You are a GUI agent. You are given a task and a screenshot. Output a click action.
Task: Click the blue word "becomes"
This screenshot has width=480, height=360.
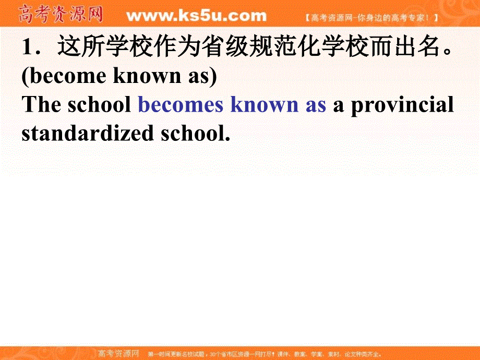(181, 105)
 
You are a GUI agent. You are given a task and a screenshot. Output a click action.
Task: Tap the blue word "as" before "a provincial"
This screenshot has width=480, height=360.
(315, 105)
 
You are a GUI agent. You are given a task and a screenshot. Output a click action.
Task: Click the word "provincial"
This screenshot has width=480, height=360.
(402, 105)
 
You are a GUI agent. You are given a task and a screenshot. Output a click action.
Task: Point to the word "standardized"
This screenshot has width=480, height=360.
(87, 133)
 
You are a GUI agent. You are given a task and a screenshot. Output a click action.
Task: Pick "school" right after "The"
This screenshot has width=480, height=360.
(99, 105)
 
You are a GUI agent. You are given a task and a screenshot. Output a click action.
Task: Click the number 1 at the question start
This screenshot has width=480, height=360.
(28, 48)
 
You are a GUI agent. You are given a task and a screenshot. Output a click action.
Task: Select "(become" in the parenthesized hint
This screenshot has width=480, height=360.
(63, 76)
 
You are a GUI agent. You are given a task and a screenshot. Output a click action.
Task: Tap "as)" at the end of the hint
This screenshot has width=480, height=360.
(200, 76)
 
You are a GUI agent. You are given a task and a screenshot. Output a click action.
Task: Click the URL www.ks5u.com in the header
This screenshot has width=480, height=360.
(196, 16)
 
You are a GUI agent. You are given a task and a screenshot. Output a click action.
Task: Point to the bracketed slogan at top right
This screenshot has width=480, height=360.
(371, 17)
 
